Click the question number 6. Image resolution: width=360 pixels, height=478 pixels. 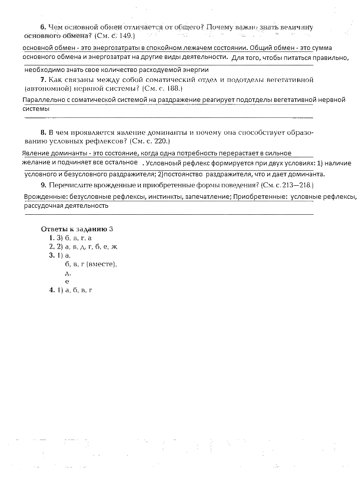42,27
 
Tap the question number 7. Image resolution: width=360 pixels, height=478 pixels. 43,80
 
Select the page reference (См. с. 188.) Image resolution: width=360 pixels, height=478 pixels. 162,88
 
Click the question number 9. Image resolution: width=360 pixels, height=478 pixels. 43,185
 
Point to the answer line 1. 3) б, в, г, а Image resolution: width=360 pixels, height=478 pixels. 70,238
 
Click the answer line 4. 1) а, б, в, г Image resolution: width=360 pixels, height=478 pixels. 71,290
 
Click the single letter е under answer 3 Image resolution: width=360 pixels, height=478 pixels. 67,281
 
